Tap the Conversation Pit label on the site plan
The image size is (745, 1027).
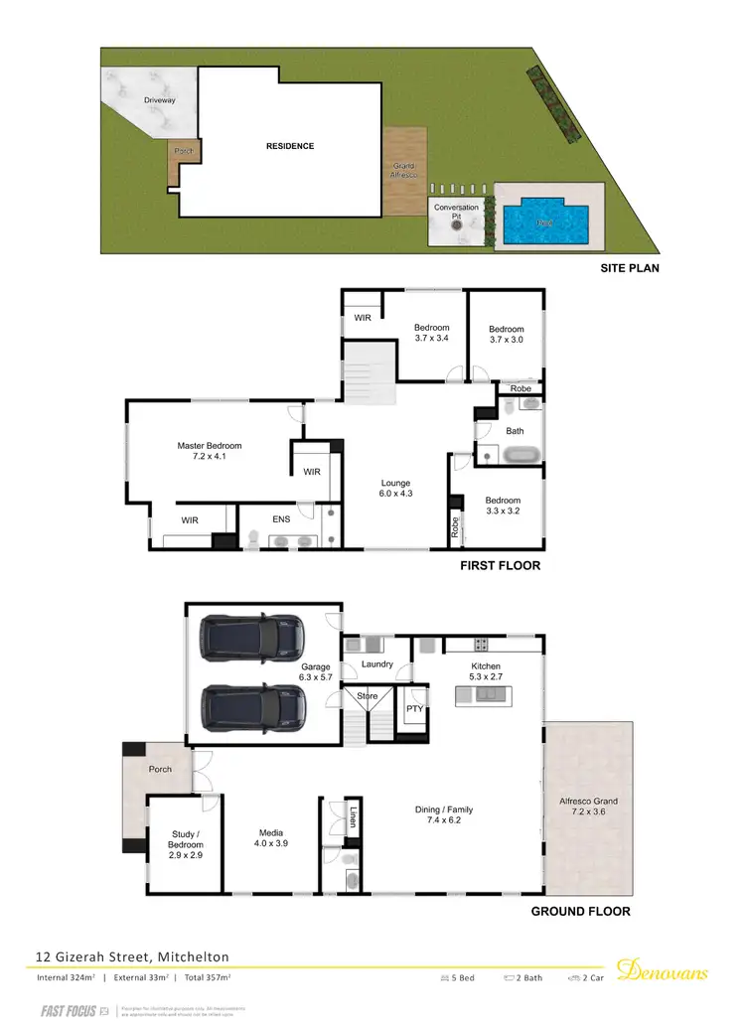[457, 213]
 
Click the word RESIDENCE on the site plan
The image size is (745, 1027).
[289, 146]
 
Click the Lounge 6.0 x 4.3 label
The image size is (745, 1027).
[395, 489]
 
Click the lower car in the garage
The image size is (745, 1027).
[252, 706]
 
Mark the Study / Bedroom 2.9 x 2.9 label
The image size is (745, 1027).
[186, 845]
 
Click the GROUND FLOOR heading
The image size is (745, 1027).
[581, 911]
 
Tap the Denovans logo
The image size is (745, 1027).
[663, 970]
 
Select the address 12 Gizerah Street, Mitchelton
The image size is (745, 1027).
[132, 956]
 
